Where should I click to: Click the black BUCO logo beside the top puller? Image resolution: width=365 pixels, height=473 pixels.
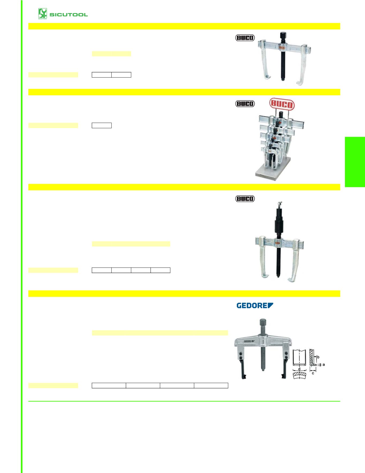[x=245, y=38]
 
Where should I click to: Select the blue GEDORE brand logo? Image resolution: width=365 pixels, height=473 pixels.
[x=254, y=305]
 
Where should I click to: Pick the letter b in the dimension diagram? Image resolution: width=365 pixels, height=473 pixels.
[x=318, y=357]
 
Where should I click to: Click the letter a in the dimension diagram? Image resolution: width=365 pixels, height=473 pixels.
[x=324, y=365]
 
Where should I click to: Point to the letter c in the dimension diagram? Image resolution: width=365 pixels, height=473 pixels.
[x=313, y=373]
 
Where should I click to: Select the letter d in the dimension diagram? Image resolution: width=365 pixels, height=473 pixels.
[x=299, y=369]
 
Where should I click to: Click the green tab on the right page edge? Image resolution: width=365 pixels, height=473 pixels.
[x=355, y=162]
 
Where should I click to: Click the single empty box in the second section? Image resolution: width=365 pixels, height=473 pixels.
[x=102, y=125]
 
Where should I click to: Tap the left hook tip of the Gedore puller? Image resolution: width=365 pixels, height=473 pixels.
[x=244, y=378]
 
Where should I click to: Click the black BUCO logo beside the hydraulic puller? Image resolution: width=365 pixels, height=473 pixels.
[x=245, y=199]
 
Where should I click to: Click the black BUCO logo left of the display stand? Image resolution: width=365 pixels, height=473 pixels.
[x=245, y=104]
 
